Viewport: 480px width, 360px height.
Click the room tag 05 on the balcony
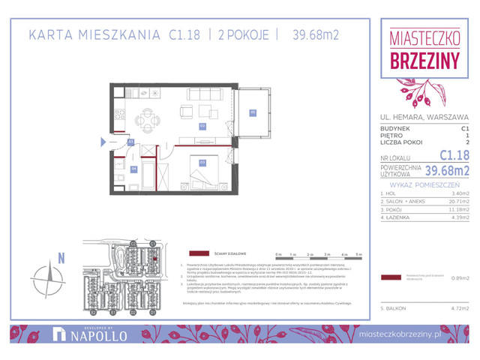tap(253, 113)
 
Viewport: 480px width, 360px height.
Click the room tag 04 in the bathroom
tap(133, 169)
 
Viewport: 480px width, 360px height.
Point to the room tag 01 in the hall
tap(130, 141)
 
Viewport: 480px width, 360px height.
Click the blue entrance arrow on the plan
tap(104, 140)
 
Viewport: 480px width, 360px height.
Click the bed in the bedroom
tap(204, 178)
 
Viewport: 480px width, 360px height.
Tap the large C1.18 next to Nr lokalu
tap(454, 155)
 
